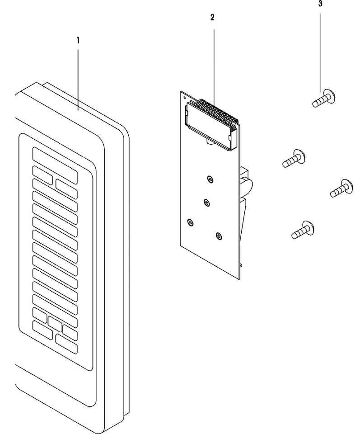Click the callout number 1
click(x=78, y=41)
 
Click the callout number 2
click(x=212, y=18)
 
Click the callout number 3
click(x=320, y=4)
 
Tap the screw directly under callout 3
click(x=324, y=99)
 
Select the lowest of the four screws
click(x=303, y=230)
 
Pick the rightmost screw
click(x=341, y=188)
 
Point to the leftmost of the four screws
click(x=294, y=158)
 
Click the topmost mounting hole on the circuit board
click(x=210, y=179)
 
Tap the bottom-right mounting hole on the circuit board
click(x=219, y=236)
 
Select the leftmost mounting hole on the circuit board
click(x=190, y=222)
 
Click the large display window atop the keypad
click(x=55, y=165)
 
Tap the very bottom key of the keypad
click(x=66, y=344)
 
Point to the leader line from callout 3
click(x=321, y=52)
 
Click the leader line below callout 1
click(x=78, y=80)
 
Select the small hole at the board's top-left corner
click(x=185, y=98)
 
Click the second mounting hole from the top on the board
click(x=206, y=203)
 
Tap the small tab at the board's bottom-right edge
click(x=241, y=265)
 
